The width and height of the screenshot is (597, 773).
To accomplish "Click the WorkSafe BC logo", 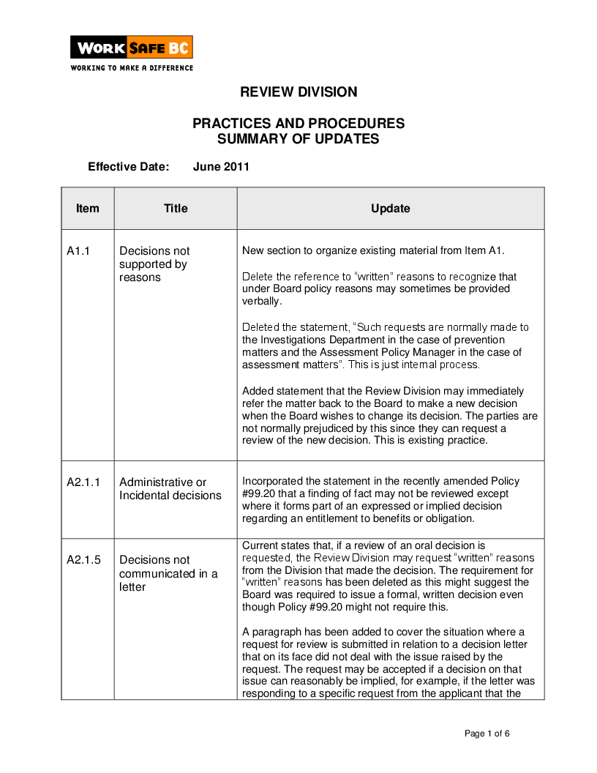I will click(x=132, y=48).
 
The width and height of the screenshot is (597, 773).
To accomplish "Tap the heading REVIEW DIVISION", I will click(x=298, y=92).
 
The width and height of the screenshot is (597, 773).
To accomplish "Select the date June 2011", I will click(x=221, y=167).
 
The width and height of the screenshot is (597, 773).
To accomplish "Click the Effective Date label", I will click(x=129, y=167).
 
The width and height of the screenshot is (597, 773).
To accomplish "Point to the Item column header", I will click(x=88, y=209).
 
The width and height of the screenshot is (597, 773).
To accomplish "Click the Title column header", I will click(x=176, y=209).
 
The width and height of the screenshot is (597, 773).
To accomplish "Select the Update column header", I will click(x=390, y=209).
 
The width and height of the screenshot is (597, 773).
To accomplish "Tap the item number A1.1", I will click(x=78, y=251).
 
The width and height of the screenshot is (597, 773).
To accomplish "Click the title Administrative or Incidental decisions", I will click(x=170, y=489).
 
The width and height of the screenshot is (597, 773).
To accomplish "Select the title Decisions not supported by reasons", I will click(x=154, y=264).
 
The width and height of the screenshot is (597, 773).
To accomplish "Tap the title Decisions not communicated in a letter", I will click(x=168, y=574).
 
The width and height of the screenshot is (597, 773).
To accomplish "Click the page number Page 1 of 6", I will click(x=487, y=733).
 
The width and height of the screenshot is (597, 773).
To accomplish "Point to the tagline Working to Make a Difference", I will click(x=132, y=68).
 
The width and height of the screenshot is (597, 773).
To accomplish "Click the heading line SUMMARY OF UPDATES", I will click(x=298, y=139).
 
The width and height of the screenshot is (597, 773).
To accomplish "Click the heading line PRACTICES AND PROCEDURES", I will click(x=298, y=124).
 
